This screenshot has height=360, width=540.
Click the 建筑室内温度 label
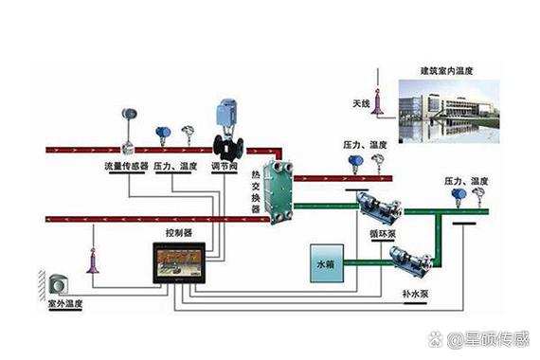[x=454, y=71]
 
